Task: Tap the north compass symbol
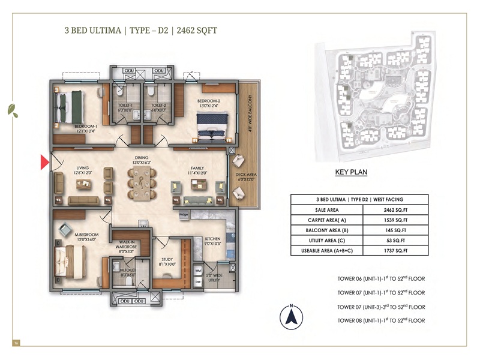tap(291, 316)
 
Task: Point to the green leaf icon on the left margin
tap(12, 110)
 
